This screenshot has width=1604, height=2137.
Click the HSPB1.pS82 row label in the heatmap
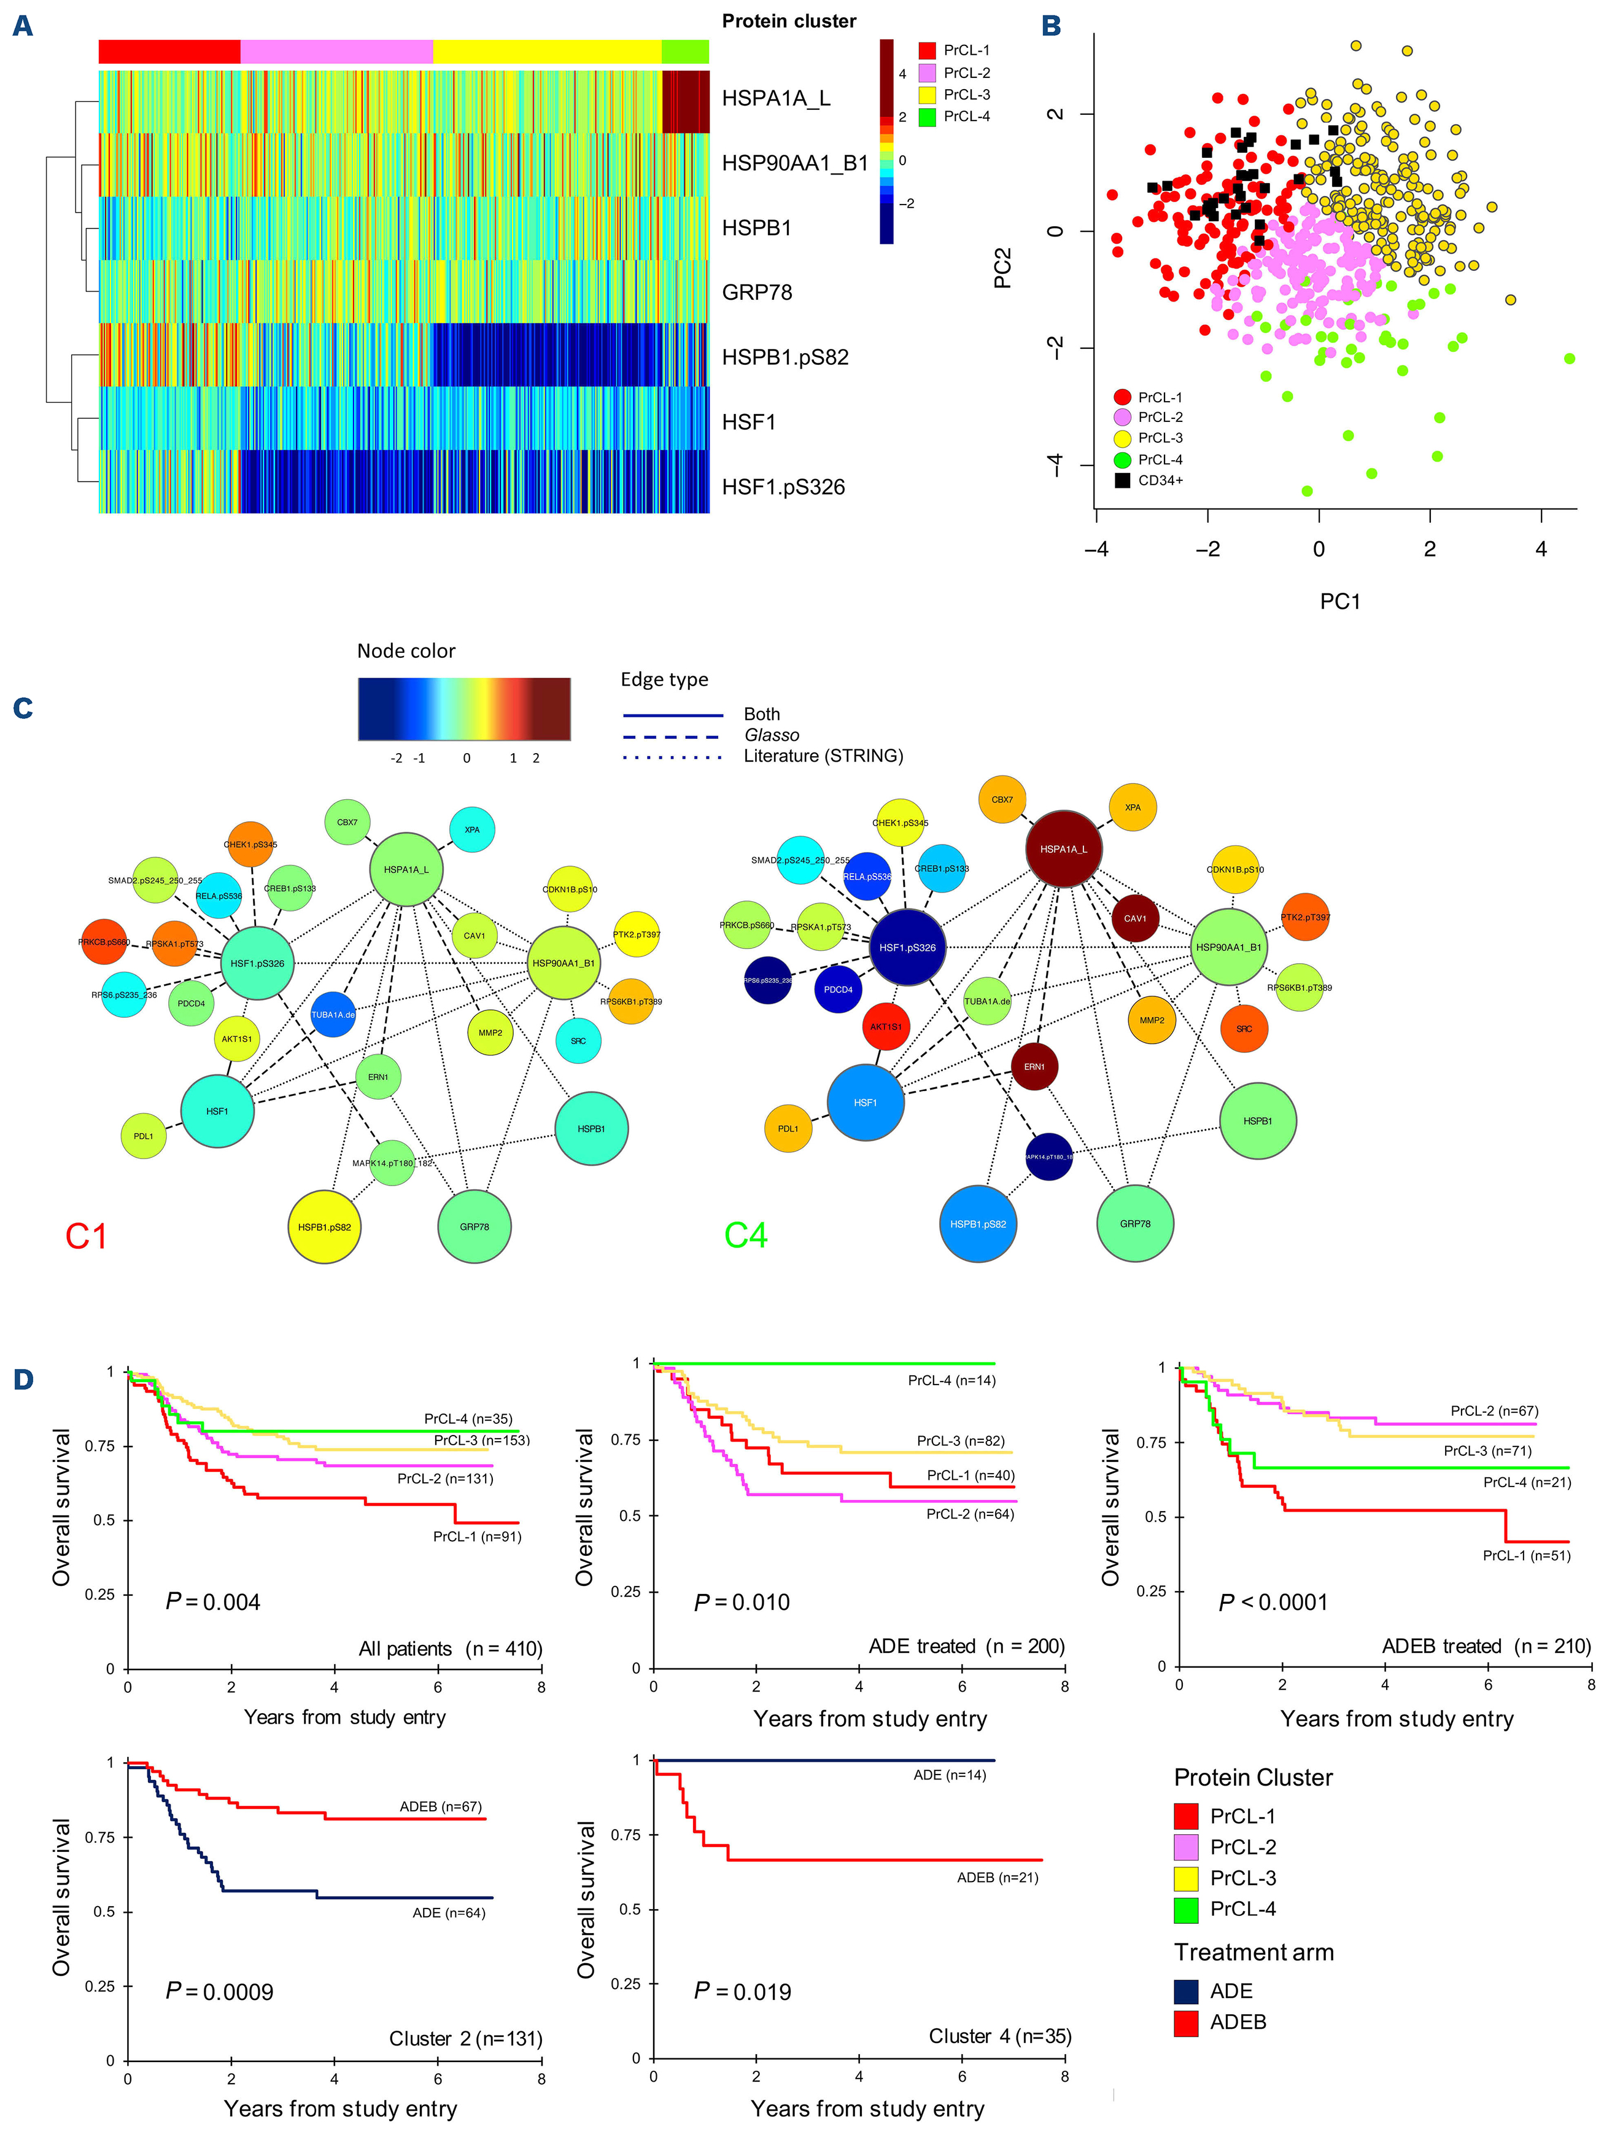point(784,357)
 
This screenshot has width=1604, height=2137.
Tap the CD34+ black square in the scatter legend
point(1122,480)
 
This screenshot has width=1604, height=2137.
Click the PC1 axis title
point(1339,602)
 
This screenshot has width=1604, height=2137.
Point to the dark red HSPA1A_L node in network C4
point(1063,849)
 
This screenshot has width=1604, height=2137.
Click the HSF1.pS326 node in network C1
point(258,963)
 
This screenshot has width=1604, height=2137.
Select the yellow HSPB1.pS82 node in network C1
point(325,1227)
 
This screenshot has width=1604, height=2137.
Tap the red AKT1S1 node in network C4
point(886,1027)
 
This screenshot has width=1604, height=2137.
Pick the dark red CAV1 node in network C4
point(1134,919)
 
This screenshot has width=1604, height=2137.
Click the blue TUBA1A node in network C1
point(333,1014)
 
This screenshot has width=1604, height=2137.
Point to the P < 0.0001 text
point(1273,1603)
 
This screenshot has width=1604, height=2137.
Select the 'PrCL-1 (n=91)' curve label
point(476,1536)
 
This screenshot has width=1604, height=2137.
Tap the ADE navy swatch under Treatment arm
point(1186,1991)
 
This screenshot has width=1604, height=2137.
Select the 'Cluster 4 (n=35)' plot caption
point(999,2036)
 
